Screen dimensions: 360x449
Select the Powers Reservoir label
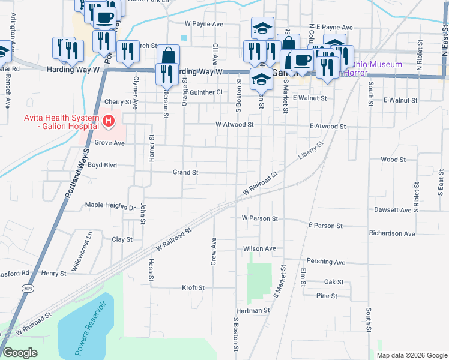(x=91, y=328)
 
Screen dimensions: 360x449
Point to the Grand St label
(x=185, y=172)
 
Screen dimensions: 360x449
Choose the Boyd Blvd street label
(x=101, y=164)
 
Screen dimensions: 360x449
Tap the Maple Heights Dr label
(x=110, y=206)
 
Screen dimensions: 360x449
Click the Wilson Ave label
(x=259, y=248)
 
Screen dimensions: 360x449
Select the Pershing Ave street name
(x=326, y=262)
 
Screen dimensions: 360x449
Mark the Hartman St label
(x=253, y=311)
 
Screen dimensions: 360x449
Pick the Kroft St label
(x=194, y=288)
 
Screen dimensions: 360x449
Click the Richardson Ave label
(x=392, y=233)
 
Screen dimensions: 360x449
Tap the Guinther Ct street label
(x=206, y=92)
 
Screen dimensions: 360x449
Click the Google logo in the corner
(x=20, y=353)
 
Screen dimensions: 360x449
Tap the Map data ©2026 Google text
(x=411, y=355)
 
